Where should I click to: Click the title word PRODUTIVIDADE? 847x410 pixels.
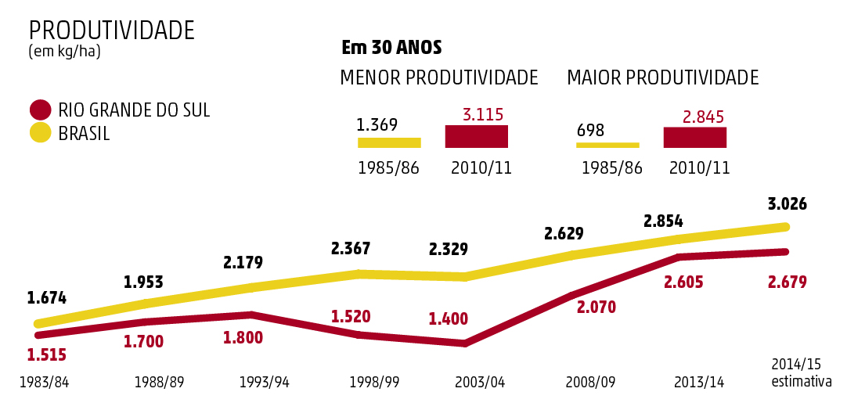[111, 31]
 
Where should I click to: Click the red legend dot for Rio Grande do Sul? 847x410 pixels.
[40, 110]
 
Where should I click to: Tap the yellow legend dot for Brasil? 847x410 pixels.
[40, 133]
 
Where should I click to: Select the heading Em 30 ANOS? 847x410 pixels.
[391, 48]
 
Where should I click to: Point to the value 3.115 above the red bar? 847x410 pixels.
[482, 115]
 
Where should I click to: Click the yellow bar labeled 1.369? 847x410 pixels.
[389, 142]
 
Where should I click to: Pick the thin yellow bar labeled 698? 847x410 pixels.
[607, 145]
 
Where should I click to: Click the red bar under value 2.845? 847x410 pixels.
[694, 137]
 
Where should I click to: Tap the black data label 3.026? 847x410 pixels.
[787, 204]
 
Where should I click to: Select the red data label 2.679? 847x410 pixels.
[787, 282]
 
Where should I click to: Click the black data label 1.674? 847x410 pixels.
[46, 298]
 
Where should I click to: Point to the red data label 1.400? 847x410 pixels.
[448, 319]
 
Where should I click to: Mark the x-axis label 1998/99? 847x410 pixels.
[374, 383]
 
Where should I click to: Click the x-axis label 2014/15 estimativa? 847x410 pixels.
[800, 373]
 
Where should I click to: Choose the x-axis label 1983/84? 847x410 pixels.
[44, 383]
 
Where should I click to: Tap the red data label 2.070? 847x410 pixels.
[596, 307]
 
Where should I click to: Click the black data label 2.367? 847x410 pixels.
[350, 249]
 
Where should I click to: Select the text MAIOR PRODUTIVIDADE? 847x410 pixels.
[662, 78]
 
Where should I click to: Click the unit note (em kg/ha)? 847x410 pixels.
[64, 52]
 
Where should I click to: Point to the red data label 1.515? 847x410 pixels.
[46, 355]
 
